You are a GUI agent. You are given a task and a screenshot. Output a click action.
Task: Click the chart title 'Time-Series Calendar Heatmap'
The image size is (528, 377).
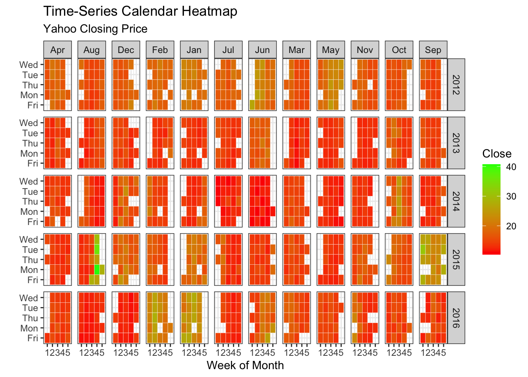[140, 11]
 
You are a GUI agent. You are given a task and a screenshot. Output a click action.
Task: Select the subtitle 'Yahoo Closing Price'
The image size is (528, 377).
[95, 29]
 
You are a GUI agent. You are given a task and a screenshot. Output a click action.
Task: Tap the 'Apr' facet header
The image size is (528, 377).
[57, 50]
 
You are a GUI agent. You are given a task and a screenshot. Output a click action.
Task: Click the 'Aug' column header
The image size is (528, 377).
[92, 50]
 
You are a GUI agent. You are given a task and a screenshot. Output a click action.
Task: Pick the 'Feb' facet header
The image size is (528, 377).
[160, 50]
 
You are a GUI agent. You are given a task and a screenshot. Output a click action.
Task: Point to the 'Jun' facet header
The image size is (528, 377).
[262, 50]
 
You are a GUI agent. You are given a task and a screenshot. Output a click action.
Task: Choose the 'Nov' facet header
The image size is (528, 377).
[365, 50]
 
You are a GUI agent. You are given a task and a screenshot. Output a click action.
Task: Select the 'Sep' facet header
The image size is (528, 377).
[433, 50]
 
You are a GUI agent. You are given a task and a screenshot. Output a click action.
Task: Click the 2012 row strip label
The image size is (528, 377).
[456, 85]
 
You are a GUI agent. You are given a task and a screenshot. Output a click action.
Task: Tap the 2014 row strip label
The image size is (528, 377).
[456, 201]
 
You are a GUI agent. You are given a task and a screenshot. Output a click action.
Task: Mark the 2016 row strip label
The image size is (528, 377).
[456, 318]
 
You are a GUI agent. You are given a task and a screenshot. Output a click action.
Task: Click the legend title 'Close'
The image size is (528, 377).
[497, 154]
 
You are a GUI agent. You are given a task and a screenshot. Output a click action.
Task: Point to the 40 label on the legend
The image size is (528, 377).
[511, 167]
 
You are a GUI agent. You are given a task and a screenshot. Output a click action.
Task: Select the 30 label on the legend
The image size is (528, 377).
[511, 196]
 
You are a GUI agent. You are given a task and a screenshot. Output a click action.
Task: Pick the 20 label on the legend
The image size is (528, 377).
[511, 226]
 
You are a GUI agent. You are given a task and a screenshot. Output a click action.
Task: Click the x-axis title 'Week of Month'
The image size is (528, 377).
[245, 366]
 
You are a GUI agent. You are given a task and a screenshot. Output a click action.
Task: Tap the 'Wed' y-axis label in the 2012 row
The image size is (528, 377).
[29, 65]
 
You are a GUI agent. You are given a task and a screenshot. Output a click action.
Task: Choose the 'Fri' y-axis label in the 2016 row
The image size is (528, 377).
[33, 338]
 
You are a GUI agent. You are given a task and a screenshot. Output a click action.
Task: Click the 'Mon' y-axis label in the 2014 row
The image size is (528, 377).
[29, 212]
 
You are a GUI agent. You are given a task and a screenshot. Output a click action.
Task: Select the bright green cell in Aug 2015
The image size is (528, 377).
[97, 270]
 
